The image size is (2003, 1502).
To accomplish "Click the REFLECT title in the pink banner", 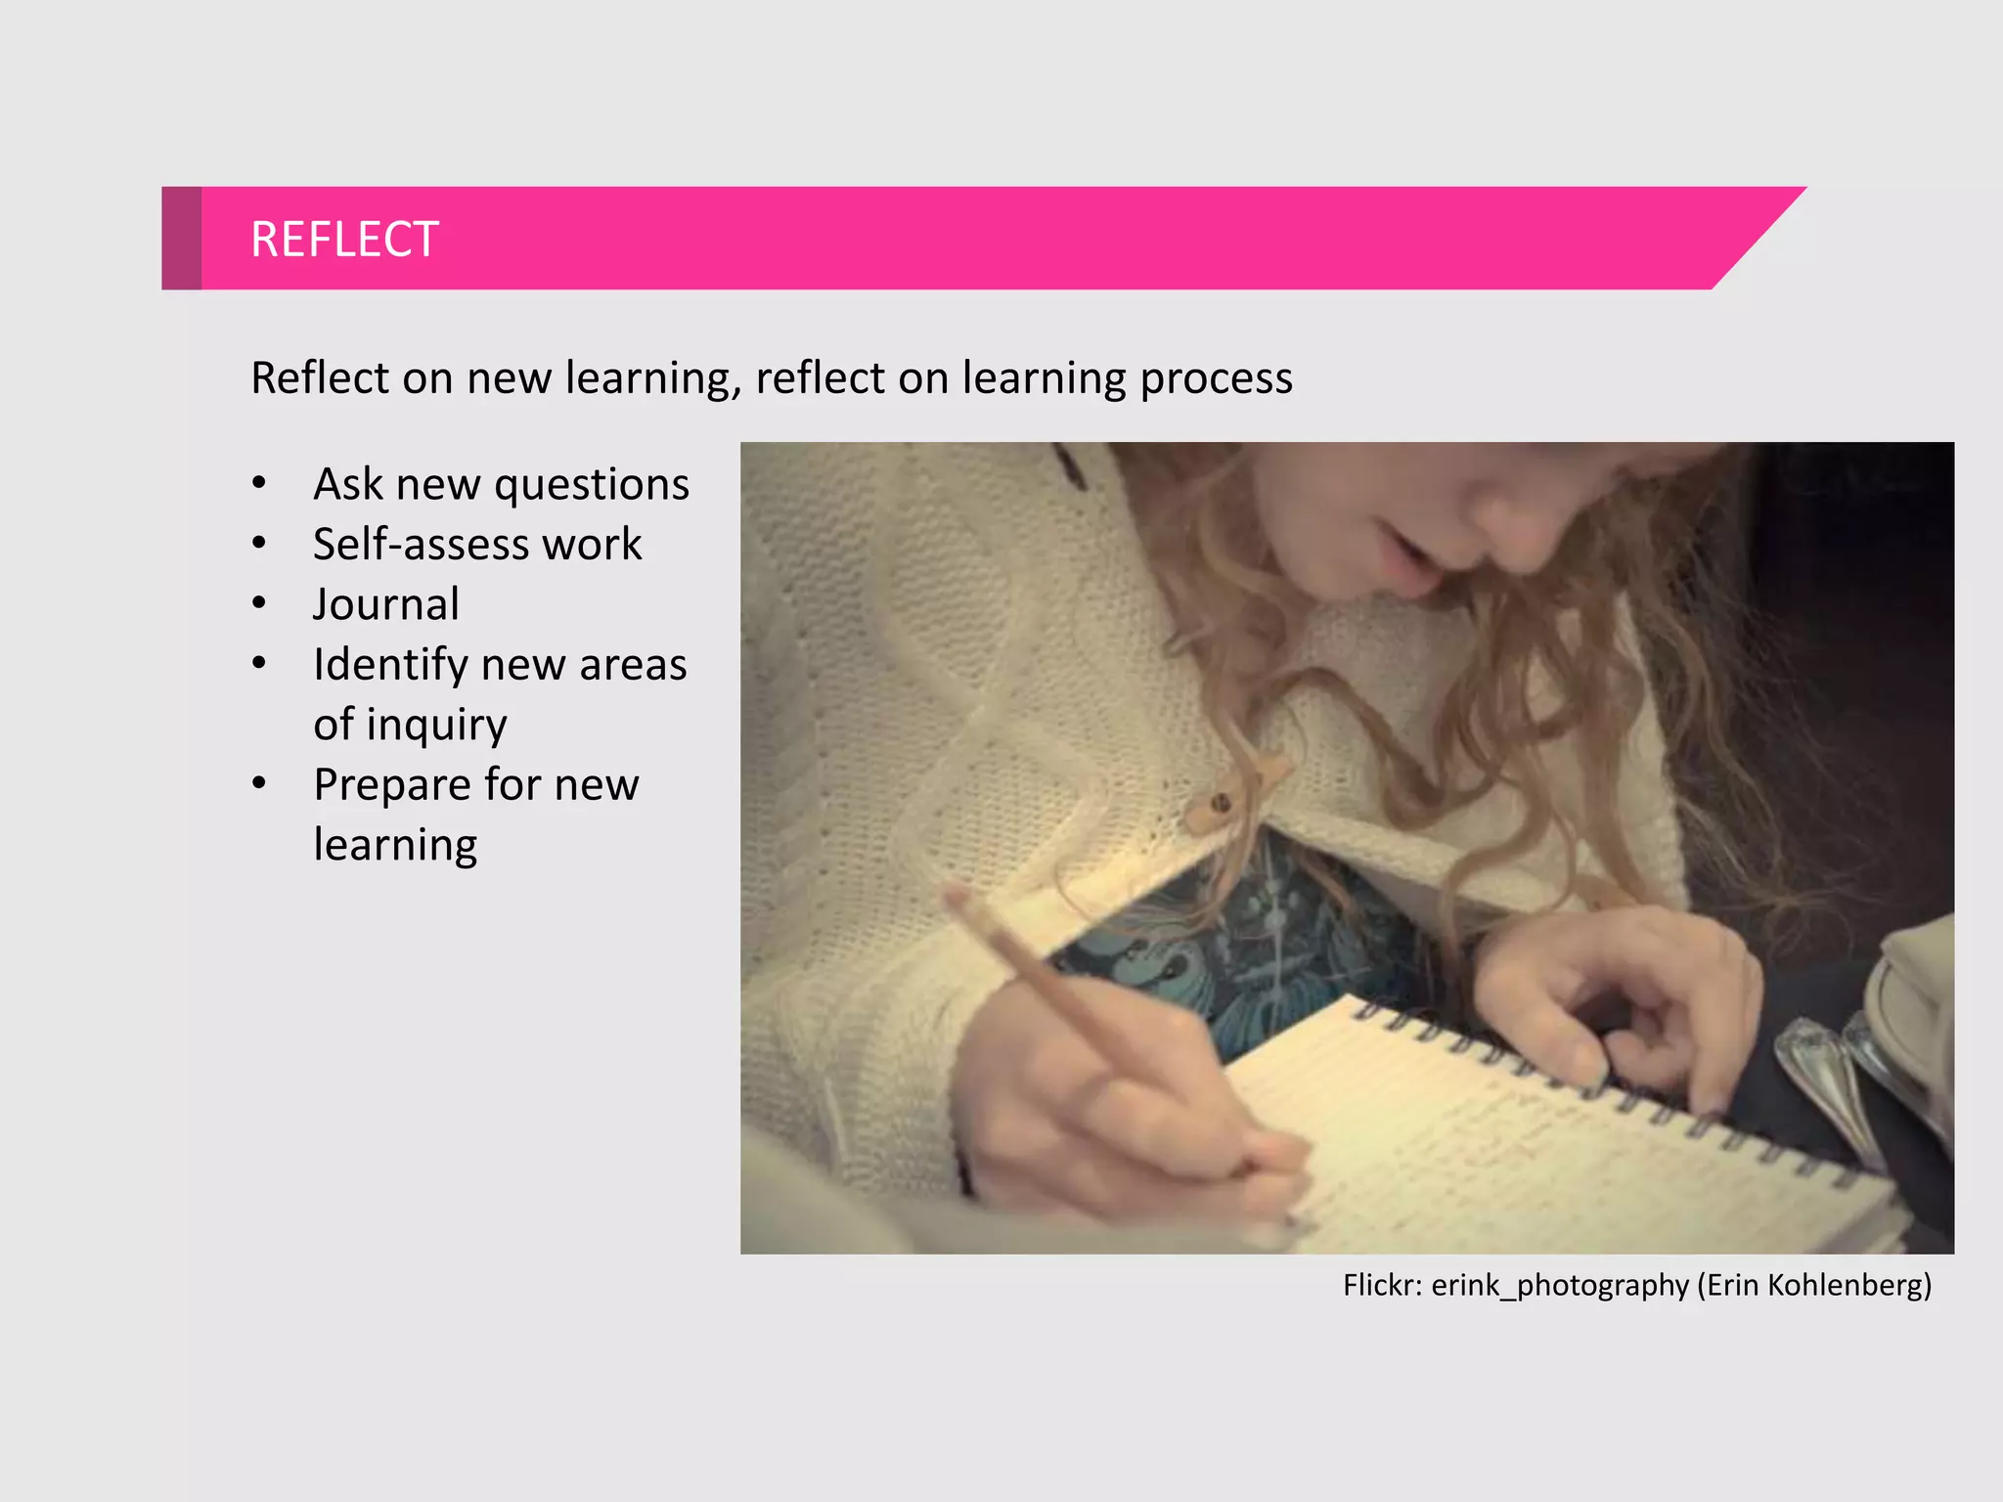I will pos(344,240).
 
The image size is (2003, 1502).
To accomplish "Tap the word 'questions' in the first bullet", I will pos(592,485).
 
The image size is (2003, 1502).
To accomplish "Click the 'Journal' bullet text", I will pos(385,604).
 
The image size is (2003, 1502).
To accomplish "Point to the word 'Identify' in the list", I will pos(390,665).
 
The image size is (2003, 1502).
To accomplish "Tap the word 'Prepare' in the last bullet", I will pos(392,785).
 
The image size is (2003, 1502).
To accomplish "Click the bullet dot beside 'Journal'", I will pos(259,603).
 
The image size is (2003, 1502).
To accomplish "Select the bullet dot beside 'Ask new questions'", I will pos(259,483).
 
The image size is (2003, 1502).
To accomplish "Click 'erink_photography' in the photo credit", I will pos(1559,1285).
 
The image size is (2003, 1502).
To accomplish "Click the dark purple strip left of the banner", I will pos(181,238).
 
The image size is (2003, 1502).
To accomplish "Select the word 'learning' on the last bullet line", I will pos(395,846).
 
